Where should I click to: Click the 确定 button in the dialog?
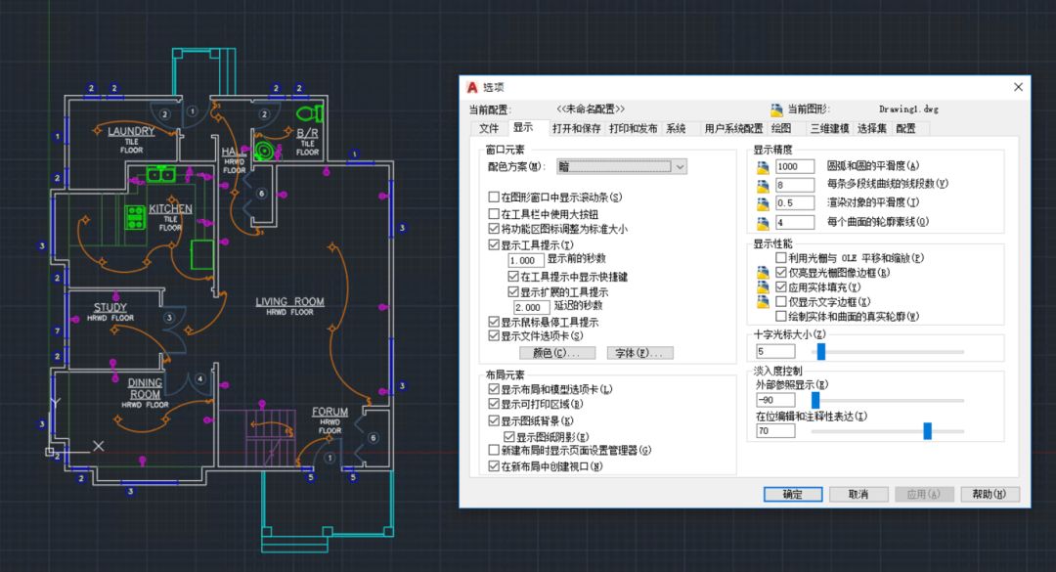click(793, 494)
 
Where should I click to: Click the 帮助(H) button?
click(990, 494)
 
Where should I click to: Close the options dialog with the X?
click(1018, 87)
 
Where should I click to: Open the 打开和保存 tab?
click(576, 128)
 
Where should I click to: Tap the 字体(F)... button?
click(639, 353)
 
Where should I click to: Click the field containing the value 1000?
click(794, 167)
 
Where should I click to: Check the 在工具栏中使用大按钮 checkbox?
click(494, 213)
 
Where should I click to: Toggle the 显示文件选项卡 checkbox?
click(494, 335)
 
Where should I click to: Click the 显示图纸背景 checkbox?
click(494, 420)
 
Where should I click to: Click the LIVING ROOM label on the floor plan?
click(289, 302)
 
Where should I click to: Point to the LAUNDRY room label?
click(131, 131)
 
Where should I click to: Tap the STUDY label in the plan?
click(110, 308)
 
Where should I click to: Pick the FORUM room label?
click(330, 412)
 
